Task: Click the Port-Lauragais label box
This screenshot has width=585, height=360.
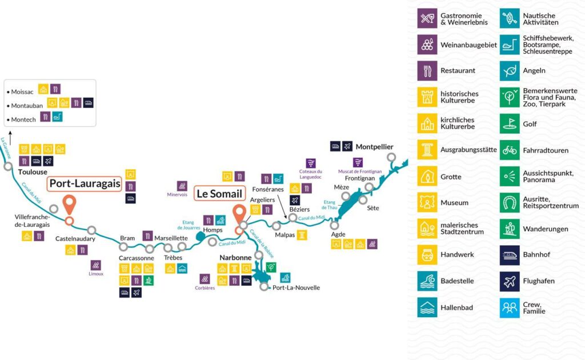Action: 85,184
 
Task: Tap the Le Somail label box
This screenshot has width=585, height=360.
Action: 220,194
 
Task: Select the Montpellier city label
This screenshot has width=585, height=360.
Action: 374,147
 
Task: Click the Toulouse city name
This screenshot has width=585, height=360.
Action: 33,172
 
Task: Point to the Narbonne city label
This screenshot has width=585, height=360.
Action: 235,257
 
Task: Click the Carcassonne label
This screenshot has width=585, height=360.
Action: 136,258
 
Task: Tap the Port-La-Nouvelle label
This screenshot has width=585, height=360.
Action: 296,287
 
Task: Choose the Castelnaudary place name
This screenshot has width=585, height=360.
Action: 75,239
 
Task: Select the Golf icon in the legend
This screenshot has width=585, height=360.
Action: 510,123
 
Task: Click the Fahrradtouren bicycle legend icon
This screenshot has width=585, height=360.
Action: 510,150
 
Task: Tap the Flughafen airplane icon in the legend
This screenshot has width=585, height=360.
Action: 510,281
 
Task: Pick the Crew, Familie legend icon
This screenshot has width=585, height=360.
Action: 510,308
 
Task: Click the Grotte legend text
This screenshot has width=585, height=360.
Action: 451,177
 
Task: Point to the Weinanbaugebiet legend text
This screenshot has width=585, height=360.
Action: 468,45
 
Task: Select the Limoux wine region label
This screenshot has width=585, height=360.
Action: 96,274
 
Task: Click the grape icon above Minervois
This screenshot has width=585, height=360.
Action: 182,186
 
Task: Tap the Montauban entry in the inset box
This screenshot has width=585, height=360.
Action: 27,106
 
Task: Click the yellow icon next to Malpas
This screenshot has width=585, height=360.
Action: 302,235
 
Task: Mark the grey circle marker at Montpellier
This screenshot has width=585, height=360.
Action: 391,158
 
